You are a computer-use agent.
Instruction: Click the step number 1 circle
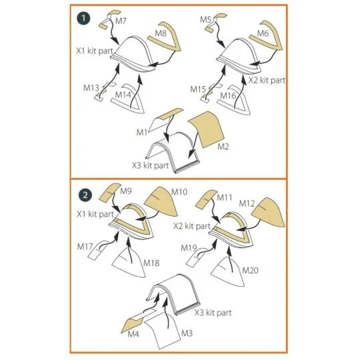[x=83, y=18]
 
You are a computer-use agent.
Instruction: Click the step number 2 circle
[x=85, y=195]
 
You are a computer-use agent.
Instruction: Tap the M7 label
[x=121, y=21]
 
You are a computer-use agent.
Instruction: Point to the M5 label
[x=205, y=19]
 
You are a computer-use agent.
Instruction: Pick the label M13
[x=91, y=88]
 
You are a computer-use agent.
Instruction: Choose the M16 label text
[x=228, y=95]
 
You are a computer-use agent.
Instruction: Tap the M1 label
[x=141, y=132]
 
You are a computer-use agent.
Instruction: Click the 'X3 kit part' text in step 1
[x=151, y=165]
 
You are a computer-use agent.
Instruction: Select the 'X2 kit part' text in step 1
[x=267, y=81]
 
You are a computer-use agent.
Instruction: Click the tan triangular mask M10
[x=162, y=202]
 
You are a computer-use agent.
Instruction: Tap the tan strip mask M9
[x=110, y=193]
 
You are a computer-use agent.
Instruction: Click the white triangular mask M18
[x=129, y=263]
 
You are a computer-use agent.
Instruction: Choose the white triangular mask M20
[x=227, y=272]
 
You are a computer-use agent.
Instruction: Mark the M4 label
[x=133, y=334]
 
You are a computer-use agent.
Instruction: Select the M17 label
[x=85, y=247]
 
